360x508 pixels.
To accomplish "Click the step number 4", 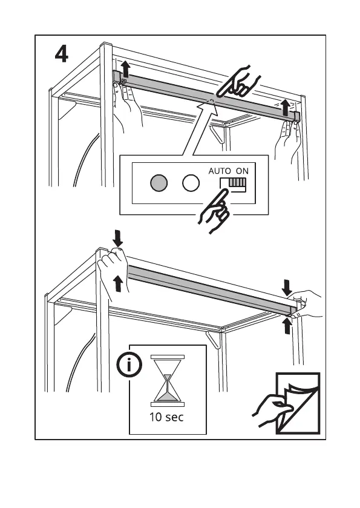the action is (x=62, y=54).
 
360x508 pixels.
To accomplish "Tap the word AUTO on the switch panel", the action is (x=220, y=171).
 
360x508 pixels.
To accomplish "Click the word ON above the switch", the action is (x=242, y=171).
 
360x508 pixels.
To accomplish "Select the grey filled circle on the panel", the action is (x=159, y=183).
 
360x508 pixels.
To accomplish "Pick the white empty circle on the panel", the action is (x=191, y=183).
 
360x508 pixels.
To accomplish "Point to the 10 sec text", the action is (x=166, y=417).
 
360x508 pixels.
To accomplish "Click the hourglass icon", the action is (x=168, y=381).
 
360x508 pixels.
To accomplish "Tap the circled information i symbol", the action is (x=129, y=365).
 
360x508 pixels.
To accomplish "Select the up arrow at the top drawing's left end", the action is (x=126, y=70).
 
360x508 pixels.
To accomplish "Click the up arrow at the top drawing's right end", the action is (x=285, y=108).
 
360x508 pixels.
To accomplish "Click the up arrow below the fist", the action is (x=119, y=283).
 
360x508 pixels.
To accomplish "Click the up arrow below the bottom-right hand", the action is (x=286, y=326).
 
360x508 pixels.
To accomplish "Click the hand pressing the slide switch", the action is (x=214, y=211).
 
